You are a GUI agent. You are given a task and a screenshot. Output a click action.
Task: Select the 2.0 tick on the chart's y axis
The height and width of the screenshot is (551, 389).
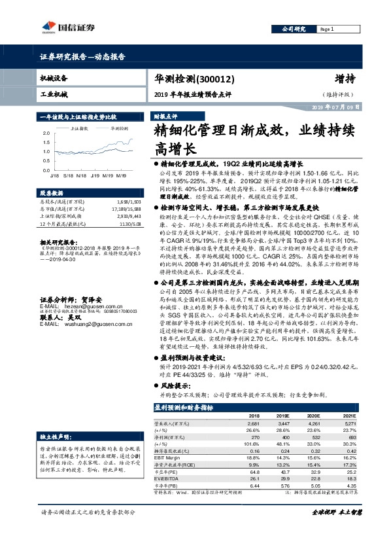(45, 133)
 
